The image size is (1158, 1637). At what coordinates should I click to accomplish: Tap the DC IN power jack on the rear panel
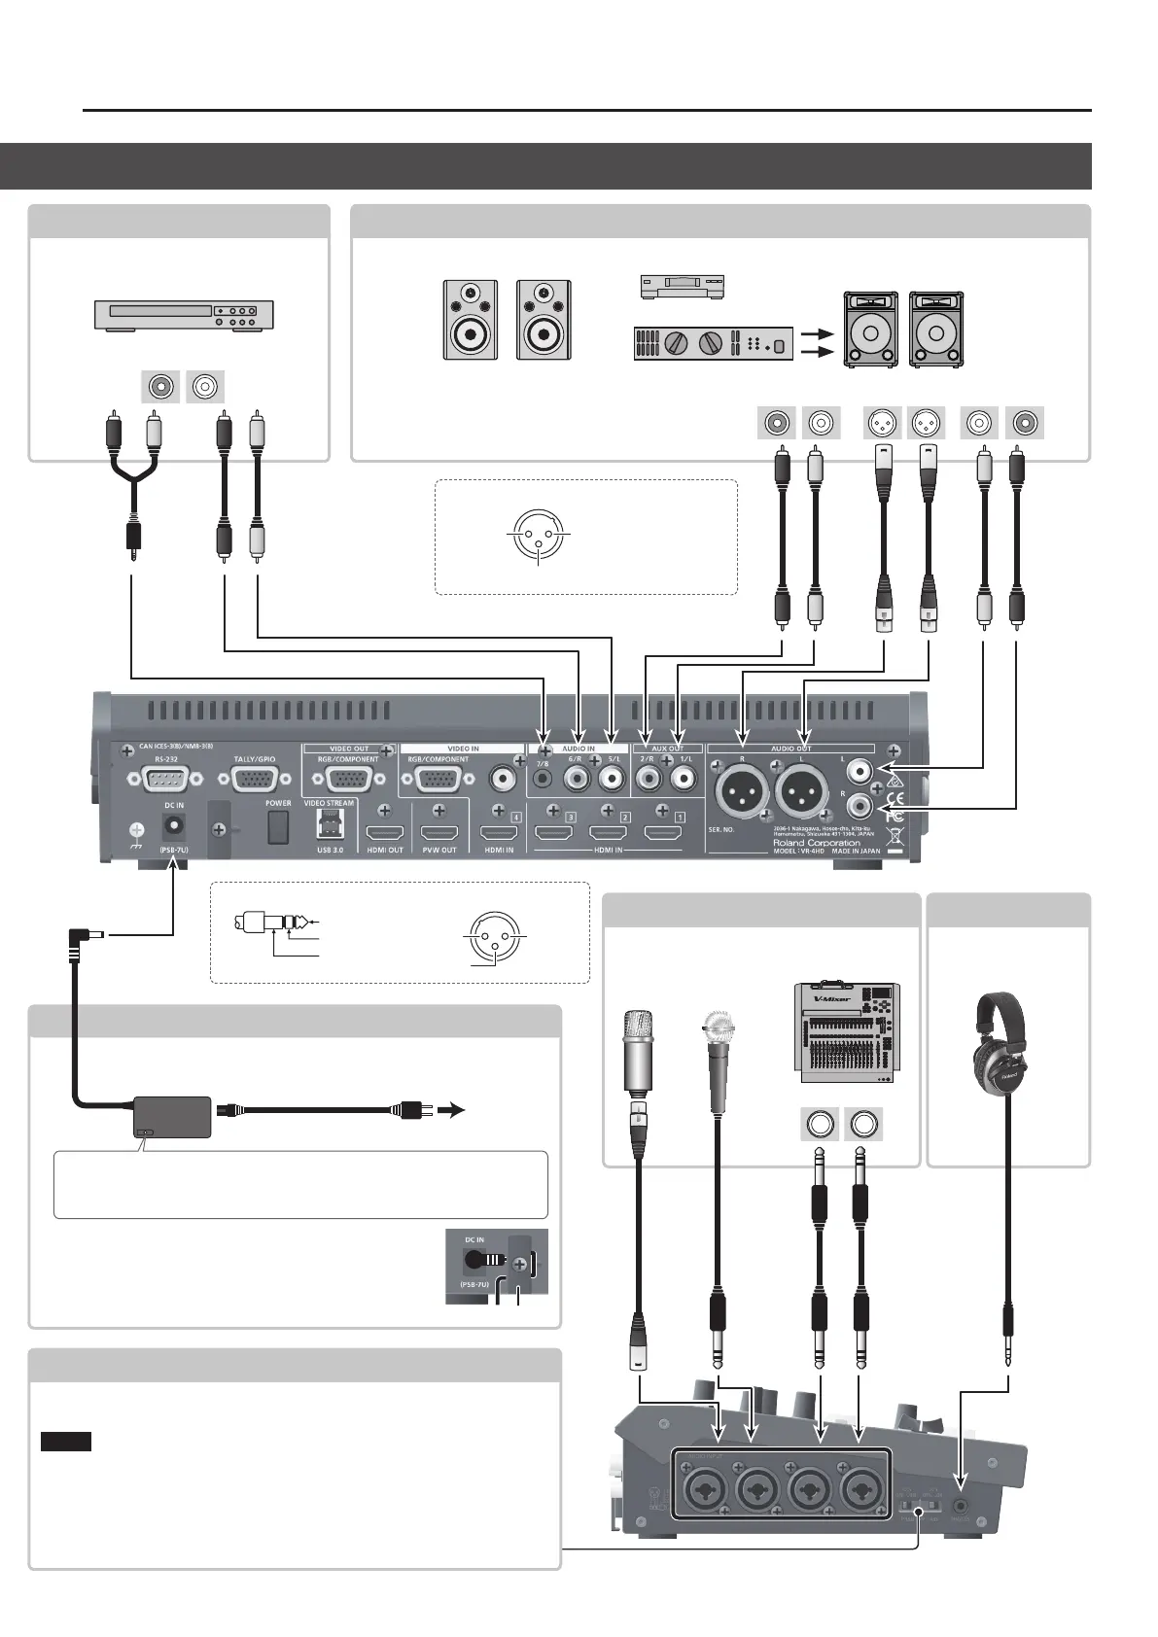pyautogui.click(x=175, y=826)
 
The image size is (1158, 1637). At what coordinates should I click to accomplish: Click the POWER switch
pyautogui.click(x=279, y=826)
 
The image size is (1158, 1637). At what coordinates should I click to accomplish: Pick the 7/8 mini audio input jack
pyautogui.click(x=544, y=779)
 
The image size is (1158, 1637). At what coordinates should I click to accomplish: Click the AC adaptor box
pyautogui.click(x=171, y=1117)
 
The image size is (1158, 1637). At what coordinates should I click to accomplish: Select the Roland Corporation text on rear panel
pyautogui.click(x=816, y=842)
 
